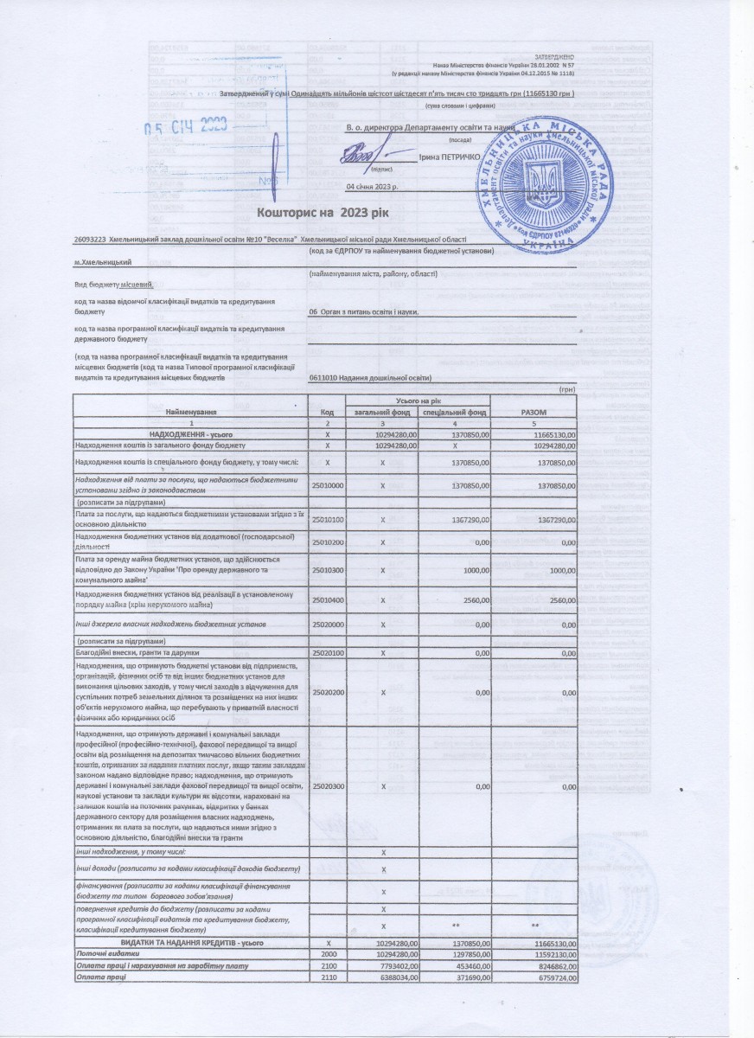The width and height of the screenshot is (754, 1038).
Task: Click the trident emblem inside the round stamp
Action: [x=543, y=185]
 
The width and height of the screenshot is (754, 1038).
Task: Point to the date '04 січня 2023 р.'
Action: [x=371, y=186]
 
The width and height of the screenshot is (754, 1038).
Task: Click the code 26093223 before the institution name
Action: [x=84, y=239]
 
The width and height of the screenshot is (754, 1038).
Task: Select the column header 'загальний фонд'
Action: [x=381, y=413]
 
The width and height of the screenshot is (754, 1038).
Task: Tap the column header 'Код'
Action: [x=327, y=413]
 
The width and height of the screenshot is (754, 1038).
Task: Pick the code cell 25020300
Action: [x=328, y=786]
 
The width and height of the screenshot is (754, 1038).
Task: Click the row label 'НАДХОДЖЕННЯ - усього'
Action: [x=190, y=433]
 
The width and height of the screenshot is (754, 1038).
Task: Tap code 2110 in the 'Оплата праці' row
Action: [x=328, y=977]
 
